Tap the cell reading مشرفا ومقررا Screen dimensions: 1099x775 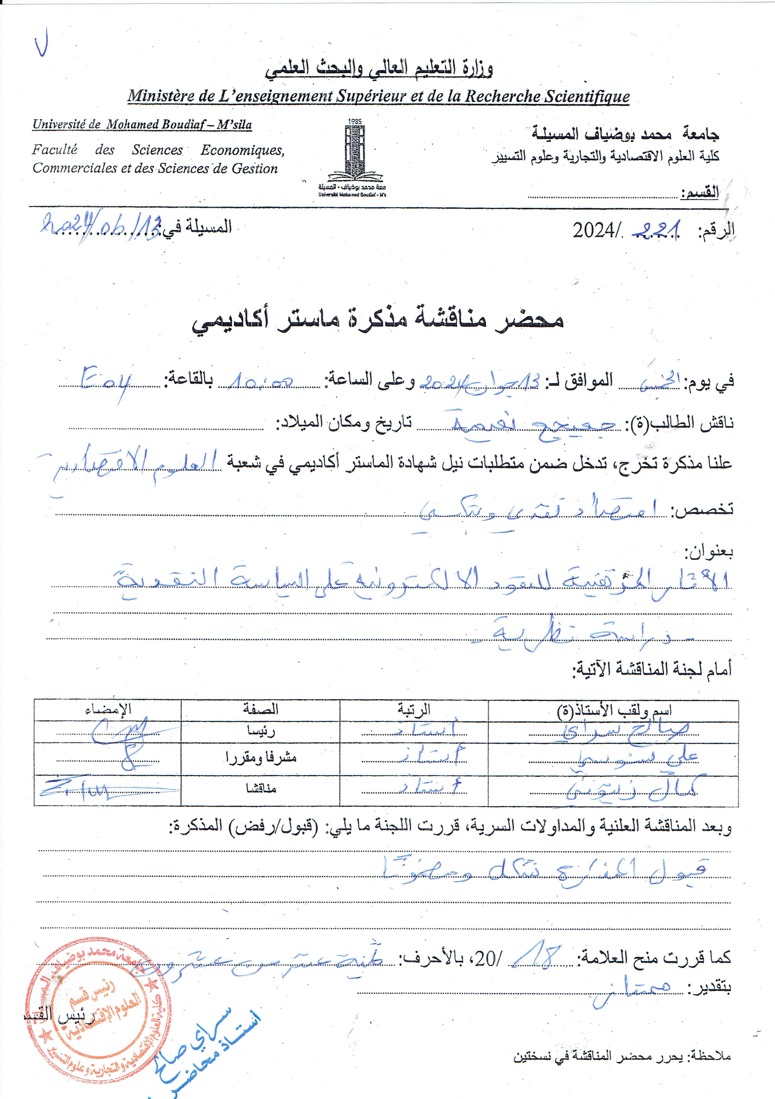(x=261, y=758)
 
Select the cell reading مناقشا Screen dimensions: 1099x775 (x=261, y=788)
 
